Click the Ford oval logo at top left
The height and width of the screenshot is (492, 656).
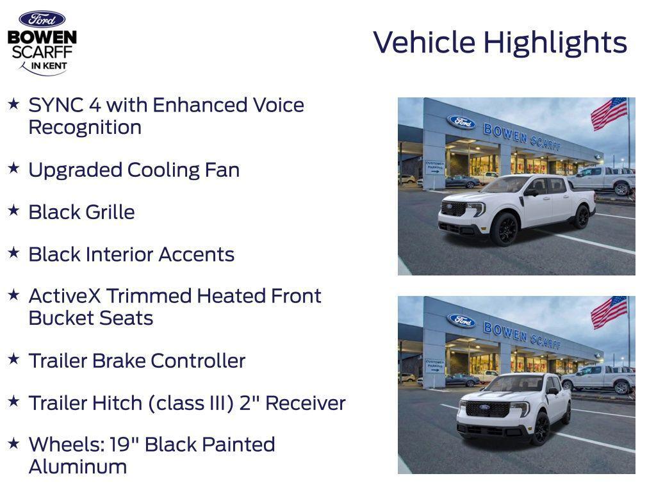tap(42, 19)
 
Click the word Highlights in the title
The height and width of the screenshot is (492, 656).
tap(555, 43)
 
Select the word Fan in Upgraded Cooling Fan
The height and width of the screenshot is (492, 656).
tap(222, 170)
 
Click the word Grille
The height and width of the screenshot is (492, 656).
tap(109, 212)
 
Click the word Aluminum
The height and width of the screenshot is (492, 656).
tap(78, 466)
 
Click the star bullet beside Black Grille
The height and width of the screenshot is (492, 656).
tap(13, 210)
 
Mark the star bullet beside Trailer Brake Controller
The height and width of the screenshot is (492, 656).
tap(13, 359)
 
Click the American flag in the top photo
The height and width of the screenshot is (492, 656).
tap(609, 113)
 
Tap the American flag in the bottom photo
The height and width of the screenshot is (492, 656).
tap(609, 312)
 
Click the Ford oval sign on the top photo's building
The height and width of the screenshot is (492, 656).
tap(461, 122)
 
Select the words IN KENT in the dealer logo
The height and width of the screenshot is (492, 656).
tap(49, 66)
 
